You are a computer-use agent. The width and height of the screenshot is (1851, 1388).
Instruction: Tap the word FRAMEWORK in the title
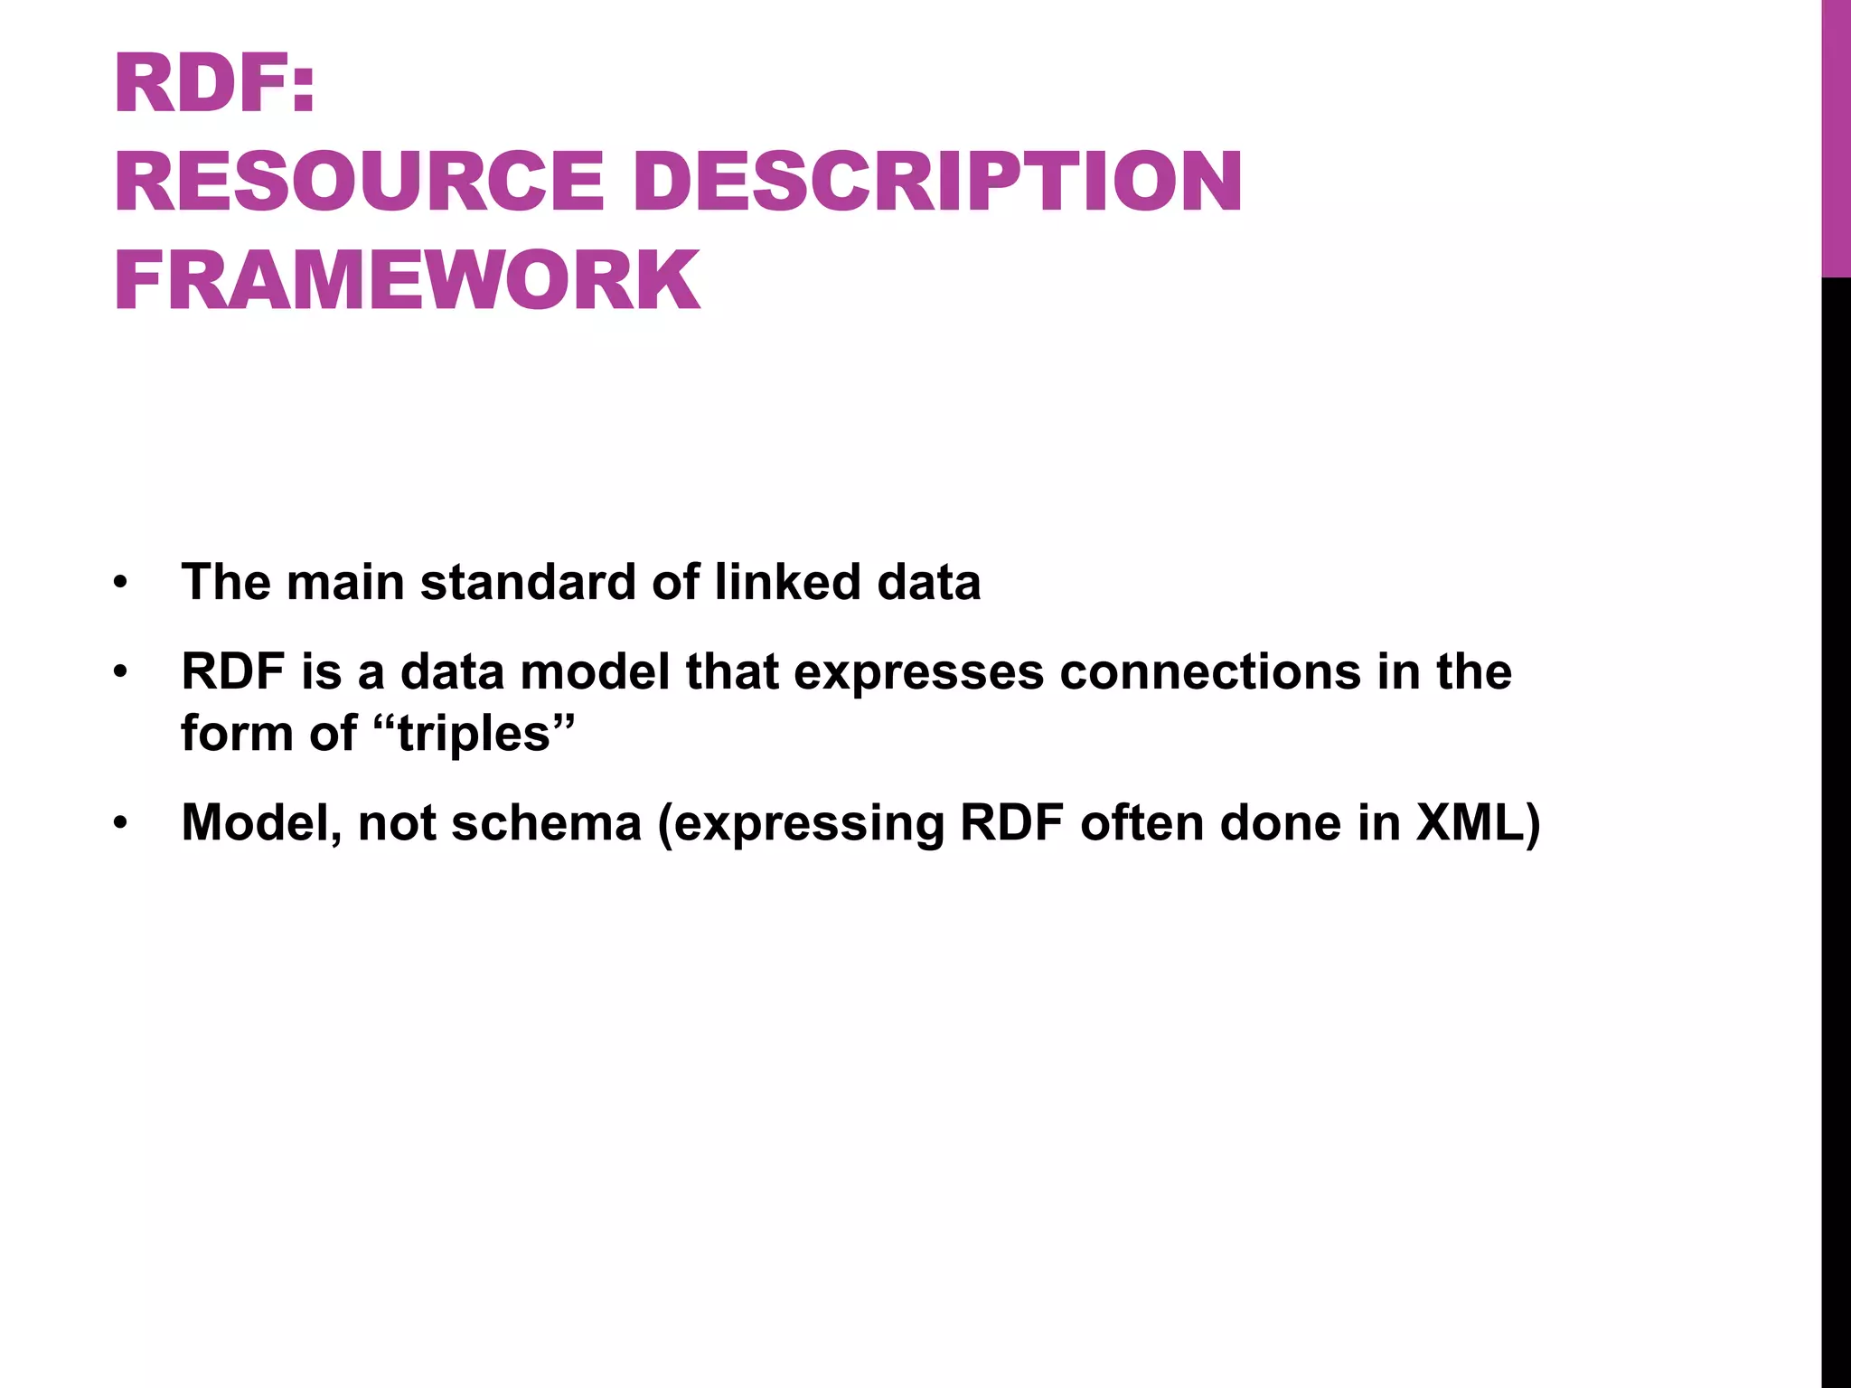408,280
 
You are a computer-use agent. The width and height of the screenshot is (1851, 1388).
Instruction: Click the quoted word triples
474,733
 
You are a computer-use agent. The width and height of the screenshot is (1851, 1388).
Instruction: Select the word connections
1210,672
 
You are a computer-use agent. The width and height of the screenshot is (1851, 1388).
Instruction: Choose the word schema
546,823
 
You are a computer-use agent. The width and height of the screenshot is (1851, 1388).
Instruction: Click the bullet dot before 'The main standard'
120,584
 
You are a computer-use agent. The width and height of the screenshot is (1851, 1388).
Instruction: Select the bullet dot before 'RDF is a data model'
120,674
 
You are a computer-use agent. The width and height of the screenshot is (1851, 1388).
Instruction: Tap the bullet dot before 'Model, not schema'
120,825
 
